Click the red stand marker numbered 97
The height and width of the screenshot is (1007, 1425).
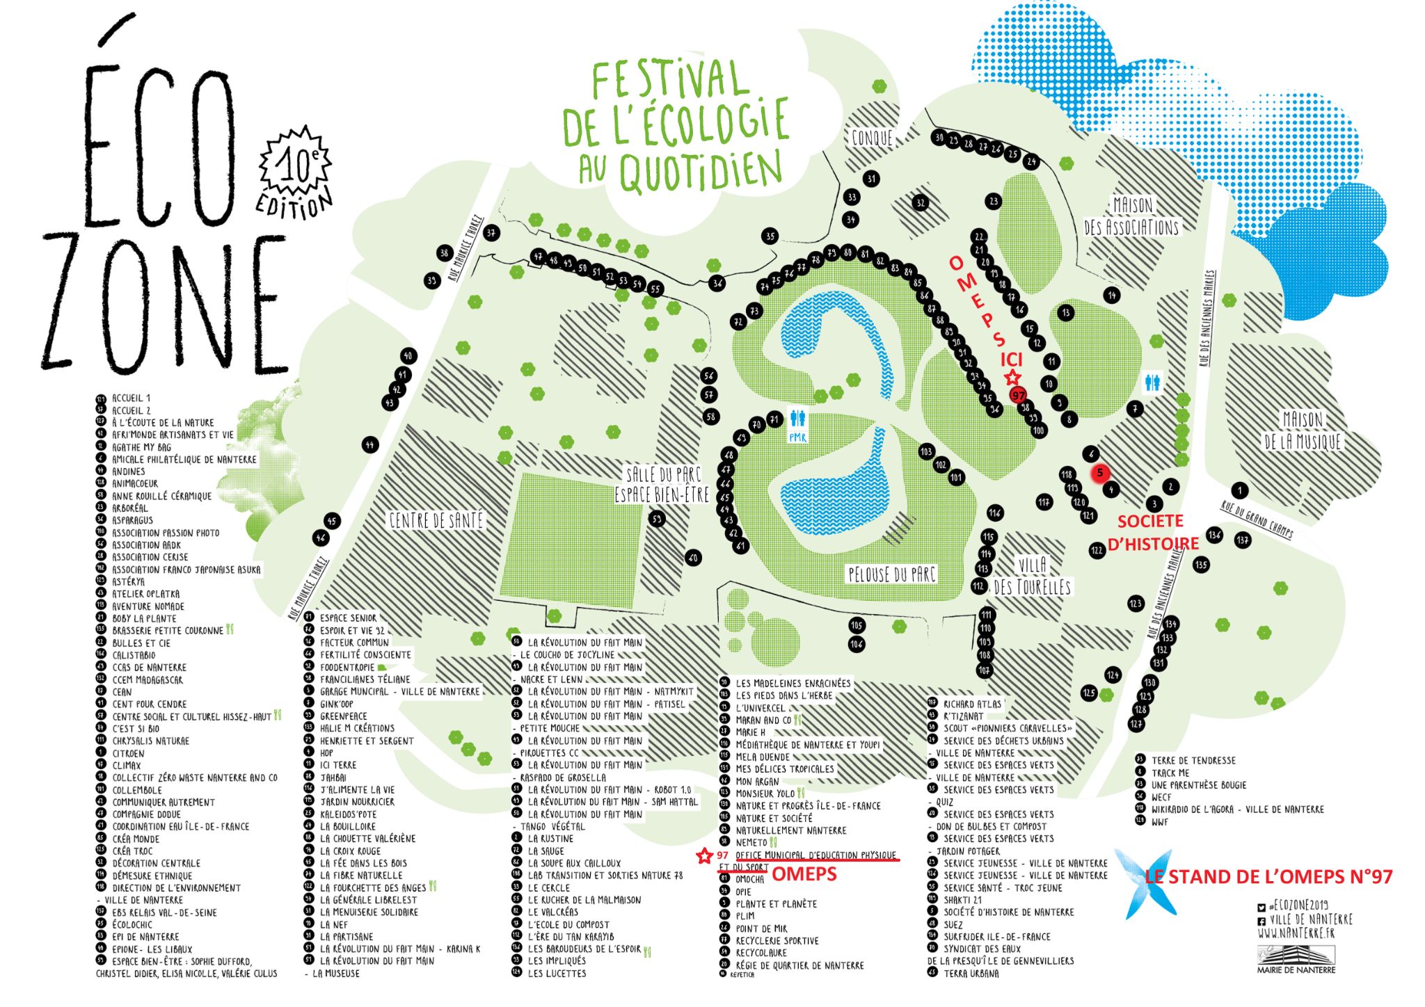[1018, 395]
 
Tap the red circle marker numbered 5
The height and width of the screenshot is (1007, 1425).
[1100, 473]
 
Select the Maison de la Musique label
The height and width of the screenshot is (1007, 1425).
[1302, 431]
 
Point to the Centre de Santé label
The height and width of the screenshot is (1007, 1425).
[436, 520]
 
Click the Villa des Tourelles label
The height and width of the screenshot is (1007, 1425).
[1032, 576]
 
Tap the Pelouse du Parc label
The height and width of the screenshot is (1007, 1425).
[891, 574]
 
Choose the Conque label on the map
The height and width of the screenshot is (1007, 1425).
[872, 138]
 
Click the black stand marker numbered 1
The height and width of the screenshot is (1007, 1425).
[1239, 490]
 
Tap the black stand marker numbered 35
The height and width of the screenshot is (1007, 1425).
[770, 236]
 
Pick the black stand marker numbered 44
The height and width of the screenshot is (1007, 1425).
[370, 444]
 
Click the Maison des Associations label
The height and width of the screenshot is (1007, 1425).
[1132, 216]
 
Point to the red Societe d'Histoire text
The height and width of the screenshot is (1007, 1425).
[1153, 533]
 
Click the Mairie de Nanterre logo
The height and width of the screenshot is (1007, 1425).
[1296, 959]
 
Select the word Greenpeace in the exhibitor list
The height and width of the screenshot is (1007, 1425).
[343, 716]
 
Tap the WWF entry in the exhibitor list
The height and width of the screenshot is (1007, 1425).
[1160, 822]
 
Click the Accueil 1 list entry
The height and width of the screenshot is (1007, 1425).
[131, 398]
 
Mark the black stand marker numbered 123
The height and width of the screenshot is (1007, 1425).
[1136, 604]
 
